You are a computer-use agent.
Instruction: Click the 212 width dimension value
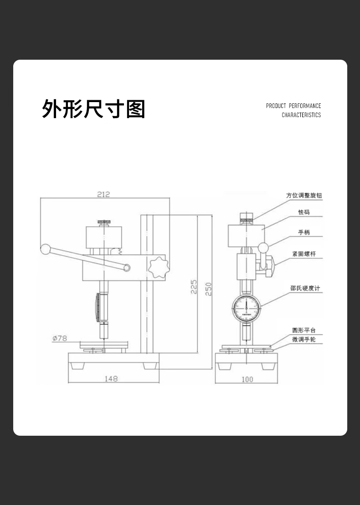click(x=103, y=194)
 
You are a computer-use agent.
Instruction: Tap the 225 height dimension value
click(x=193, y=287)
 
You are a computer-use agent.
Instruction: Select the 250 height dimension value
click(x=208, y=289)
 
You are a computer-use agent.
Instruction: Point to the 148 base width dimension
click(x=111, y=378)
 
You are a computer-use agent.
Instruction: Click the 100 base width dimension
click(x=247, y=379)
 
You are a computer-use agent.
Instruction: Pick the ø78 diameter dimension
click(x=60, y=338)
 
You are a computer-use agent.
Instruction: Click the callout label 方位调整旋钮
click(x=304, y=195)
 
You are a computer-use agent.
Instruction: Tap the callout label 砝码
click(x=304, y=212)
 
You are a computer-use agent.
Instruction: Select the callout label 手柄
click(x=304, y=232)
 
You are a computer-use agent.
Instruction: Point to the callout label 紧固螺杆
click(x=304, y=254)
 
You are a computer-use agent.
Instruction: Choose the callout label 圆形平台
click(x=304, y=330)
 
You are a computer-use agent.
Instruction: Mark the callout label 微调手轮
click(x=304, y=340)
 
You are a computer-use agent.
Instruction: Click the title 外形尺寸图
click(x=93, y=109)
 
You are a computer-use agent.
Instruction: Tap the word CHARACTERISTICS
click(x=301, y=115)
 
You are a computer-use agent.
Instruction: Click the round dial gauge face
click(x=246, y=309)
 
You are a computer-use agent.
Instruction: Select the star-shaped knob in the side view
click(x=158, y=267)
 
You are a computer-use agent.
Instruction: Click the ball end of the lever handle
click(x=45, y=249)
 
